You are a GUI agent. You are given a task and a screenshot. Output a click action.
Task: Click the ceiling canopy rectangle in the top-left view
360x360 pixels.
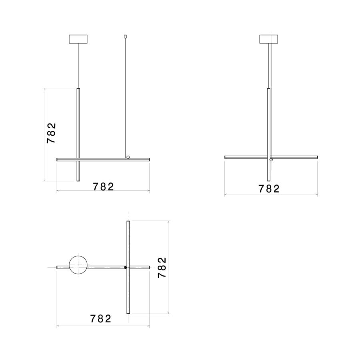[x=78, y=39]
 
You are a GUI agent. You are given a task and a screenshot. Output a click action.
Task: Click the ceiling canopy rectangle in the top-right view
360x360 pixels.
[x=269, y=39]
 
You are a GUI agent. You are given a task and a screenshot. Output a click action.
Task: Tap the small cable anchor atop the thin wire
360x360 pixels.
[x=125, y=36]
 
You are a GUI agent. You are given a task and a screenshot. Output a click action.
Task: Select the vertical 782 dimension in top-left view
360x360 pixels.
[x=51, y=133]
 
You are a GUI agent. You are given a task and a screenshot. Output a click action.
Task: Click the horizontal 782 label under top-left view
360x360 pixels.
[x=103, y=187]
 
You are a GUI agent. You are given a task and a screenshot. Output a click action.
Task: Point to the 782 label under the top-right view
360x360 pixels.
[x=269, y=189]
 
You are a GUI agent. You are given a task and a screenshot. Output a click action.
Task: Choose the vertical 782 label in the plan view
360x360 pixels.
[x=162, y=268]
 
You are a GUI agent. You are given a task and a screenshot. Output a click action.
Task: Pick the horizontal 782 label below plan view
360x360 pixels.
[x=100, y=318]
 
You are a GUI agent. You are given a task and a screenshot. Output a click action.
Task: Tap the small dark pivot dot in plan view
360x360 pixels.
[x=125, y=268]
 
